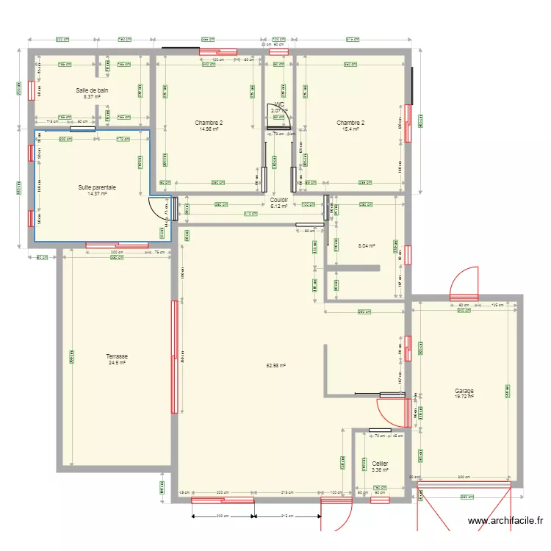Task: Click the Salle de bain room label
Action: [93, 90]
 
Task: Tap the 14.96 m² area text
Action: [209, 129]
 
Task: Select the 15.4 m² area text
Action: [350, 129]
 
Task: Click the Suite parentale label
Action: [98, 188]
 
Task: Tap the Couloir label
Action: [279, 200]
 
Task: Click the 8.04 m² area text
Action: [367, 246]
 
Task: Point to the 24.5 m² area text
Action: [117, 362]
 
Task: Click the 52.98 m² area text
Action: [276, 365]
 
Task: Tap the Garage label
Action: [464, 391]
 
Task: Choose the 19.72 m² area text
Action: [464, 397]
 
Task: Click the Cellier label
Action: [380, 464]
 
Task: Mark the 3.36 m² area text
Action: [380, 470]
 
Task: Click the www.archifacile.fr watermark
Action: [506, 522]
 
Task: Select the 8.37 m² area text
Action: [93, 97]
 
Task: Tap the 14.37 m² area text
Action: [98, 195]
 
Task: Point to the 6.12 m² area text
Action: [279, 206]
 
